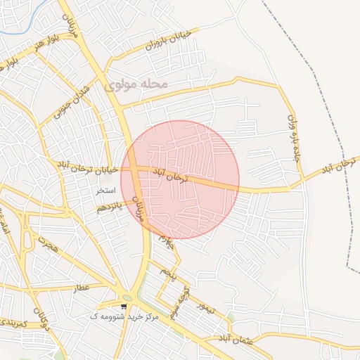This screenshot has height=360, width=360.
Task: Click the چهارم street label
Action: (x=167, y=243)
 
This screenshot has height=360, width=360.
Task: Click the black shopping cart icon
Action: (x=124, y=306)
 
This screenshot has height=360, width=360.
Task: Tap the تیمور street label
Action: (x=205, y=307)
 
